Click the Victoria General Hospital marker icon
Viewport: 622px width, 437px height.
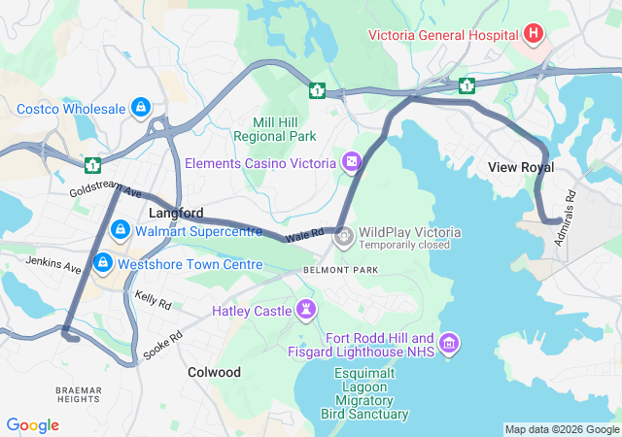click(x=533, y=35)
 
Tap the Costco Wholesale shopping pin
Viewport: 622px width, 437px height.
click(x=141, y=106)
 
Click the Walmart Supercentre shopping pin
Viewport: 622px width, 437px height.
click(x=121, y=231)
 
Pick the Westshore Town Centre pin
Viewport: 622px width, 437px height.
click(x=102, y=263)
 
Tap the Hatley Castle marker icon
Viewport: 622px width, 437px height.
click(x=307, y=311)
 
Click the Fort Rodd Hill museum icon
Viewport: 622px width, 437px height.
click(x=449, y=342)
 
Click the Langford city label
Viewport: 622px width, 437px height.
click(x=176, y=212)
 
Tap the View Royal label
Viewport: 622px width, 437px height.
click(x=521, y=167)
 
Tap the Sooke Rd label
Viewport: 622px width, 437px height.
click(x=162, y=346)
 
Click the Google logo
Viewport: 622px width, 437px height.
click(x=33, y=425)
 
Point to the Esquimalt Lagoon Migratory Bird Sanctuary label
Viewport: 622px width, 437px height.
click(x=364, y=393)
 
